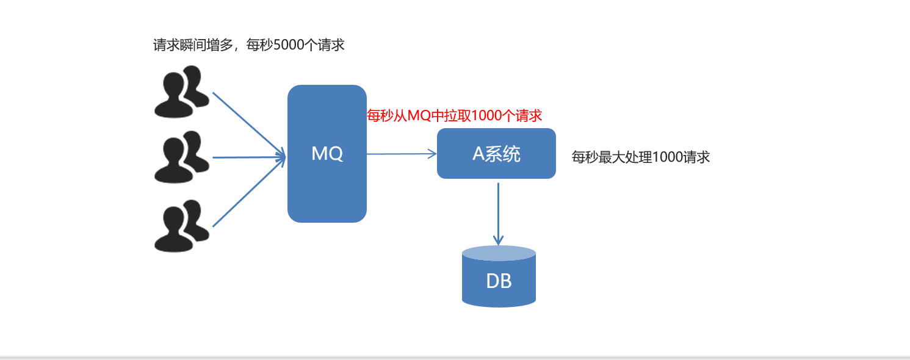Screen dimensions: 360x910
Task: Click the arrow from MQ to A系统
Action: (402, 154)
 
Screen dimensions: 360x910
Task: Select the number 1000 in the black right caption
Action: (668, 157)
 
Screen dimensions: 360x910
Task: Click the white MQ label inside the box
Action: (327, 154)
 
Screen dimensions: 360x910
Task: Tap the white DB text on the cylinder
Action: (499, 282)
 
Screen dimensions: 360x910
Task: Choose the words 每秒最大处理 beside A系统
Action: (612, 157)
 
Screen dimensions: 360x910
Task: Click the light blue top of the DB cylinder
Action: (499, 253)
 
